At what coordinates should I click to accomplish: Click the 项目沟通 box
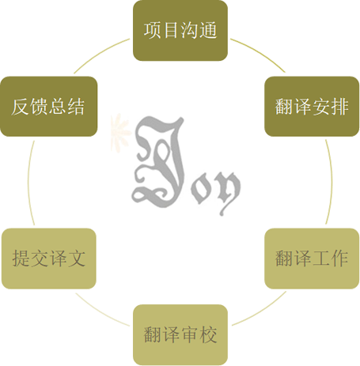180,31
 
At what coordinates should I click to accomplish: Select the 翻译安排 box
312,107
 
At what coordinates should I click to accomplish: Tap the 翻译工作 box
312,258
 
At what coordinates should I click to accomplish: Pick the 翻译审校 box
180,334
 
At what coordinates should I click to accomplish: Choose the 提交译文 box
49,258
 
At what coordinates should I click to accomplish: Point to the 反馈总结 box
49,107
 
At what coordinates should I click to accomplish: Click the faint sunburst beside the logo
120,131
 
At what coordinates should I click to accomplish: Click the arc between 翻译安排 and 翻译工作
332,182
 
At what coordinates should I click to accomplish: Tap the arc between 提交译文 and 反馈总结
28,182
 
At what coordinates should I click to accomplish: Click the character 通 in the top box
208,31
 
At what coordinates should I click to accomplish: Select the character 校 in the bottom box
208,334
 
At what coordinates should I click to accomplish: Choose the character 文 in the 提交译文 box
77,258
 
